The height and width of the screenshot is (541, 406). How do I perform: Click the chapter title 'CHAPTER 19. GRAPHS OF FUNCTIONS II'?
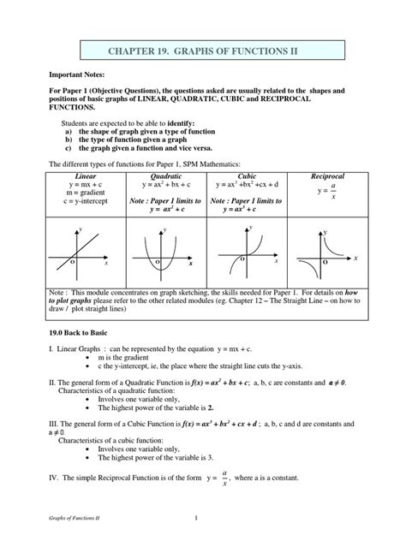pos(202,52)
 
